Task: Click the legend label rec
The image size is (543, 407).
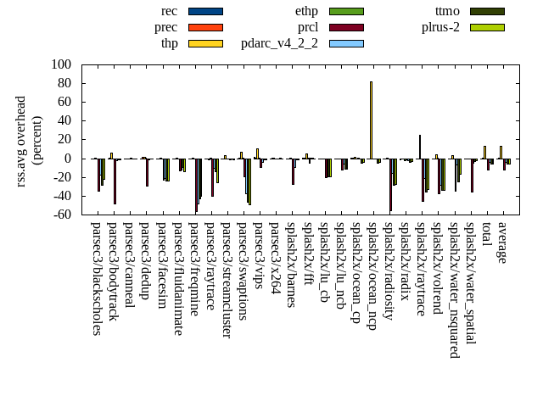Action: click(169, 11)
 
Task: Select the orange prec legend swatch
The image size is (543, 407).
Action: click(205, 27)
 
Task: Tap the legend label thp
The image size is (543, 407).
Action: click(169, 43)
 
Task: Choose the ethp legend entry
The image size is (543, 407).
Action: click(306, 11)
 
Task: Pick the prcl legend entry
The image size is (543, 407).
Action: click(307, 27)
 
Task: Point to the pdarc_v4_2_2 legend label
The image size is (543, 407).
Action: click(279, 43)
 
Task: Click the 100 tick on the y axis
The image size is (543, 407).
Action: click(61, 64)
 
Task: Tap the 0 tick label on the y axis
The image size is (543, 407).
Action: click(67, 159)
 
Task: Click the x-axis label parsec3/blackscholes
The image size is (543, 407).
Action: click(96, 279)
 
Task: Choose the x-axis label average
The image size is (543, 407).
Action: click(502, 242)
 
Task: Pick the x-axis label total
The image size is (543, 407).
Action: click(486, 235)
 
